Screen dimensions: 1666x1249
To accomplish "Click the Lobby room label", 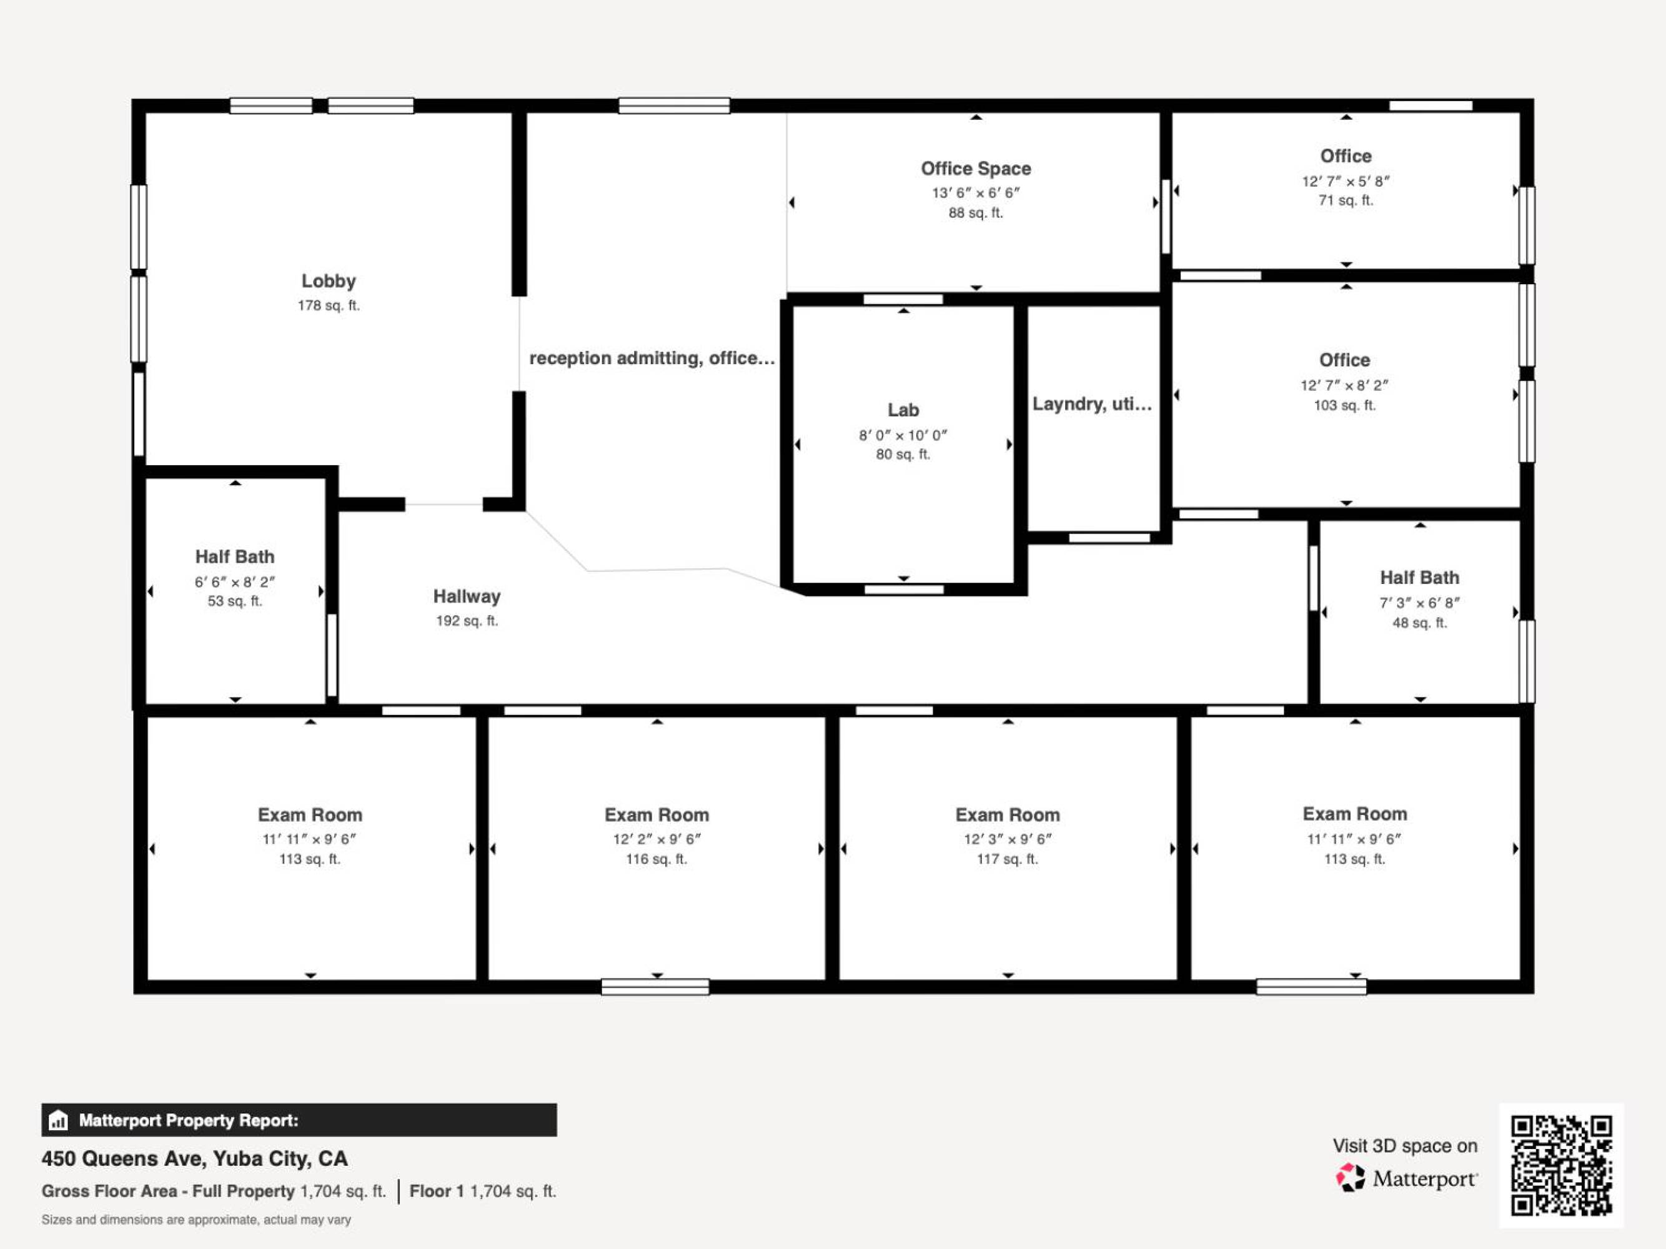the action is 329,282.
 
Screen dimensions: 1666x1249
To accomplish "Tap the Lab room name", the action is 903,410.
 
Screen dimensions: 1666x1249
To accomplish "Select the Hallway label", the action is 467,596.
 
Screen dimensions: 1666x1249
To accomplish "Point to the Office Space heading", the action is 976,169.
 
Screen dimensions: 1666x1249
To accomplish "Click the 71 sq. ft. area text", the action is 1346,200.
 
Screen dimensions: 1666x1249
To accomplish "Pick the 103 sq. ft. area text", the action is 1345,405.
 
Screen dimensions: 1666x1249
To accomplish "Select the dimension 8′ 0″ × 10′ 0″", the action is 903,435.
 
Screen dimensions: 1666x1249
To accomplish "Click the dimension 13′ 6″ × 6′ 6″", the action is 976,193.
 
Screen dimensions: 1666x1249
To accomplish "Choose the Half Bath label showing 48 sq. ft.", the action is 1420,578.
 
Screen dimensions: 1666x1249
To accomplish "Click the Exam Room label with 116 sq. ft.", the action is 657,814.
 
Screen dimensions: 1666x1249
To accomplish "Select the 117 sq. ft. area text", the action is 1008,859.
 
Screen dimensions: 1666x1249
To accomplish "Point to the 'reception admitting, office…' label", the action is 652,358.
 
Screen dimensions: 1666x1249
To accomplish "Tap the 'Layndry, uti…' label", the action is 1092,404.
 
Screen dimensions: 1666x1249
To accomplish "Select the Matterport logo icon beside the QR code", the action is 1351,1177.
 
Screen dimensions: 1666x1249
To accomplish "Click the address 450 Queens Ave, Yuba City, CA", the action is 194,1158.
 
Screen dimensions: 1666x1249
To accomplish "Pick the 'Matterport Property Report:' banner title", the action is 188,1120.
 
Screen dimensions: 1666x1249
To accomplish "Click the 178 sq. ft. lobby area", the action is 329,305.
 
